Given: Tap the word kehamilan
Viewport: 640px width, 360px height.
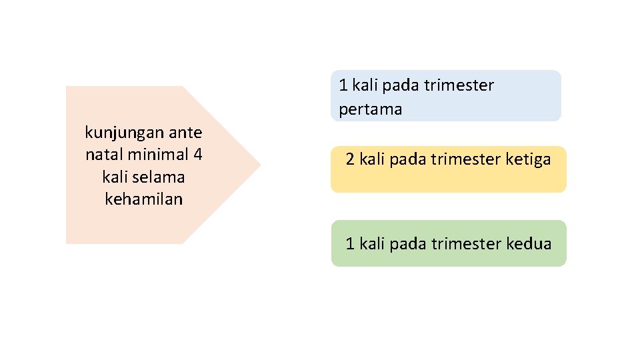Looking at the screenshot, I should [143, 199].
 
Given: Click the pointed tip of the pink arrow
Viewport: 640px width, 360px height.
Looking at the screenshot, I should [259, 165].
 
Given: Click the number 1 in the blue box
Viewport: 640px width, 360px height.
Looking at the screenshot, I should [343, 85].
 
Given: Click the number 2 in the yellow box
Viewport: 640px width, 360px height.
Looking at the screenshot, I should [350, 159].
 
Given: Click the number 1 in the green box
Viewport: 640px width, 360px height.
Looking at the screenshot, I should [350, 244].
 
